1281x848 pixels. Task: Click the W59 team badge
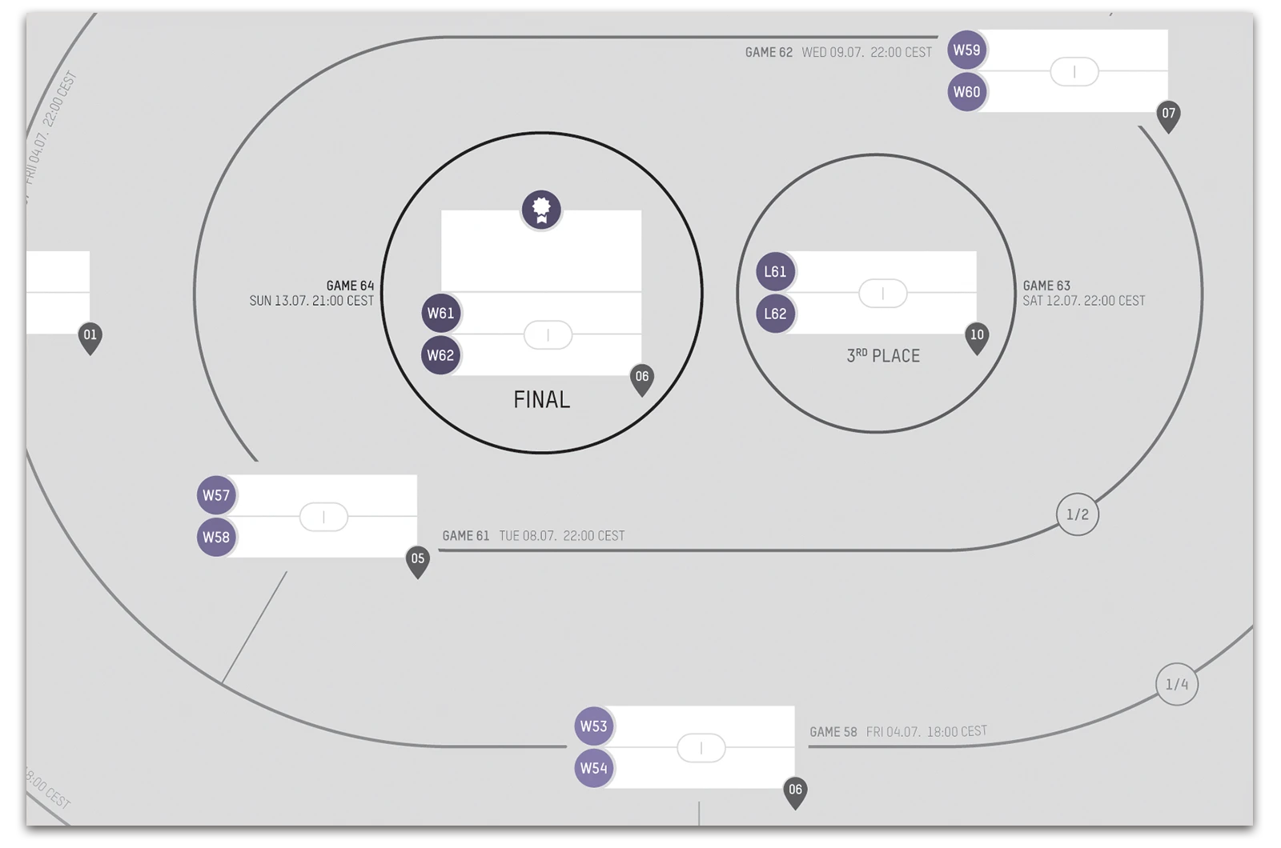pos(966,50)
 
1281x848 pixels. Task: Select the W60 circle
pos(966,92)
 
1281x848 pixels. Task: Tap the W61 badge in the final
pos(440,313)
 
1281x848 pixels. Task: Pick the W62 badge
pos(440,355)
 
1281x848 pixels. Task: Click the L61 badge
pos(775,271)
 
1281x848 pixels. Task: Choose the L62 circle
pos(775,314)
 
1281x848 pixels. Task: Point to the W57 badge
pos(216,495)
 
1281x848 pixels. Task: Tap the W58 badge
pos(216,537)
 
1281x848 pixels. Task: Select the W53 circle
pos(593,726)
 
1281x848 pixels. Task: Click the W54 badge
pos(593,768)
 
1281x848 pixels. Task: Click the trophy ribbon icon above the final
pos(541,210)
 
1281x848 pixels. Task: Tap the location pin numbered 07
pos(1168,115)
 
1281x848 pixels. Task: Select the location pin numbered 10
pos(977,337)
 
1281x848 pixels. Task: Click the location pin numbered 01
pos(90,337)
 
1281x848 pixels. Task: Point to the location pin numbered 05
pos(417,560)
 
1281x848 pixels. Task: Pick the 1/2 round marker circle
pos(1078,514)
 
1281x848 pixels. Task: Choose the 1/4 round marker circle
pos(1177,684)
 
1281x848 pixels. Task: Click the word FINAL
pos(541,399)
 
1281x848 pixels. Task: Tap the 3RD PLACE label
pos(883,356)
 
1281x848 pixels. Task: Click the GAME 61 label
pos(465,536)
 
